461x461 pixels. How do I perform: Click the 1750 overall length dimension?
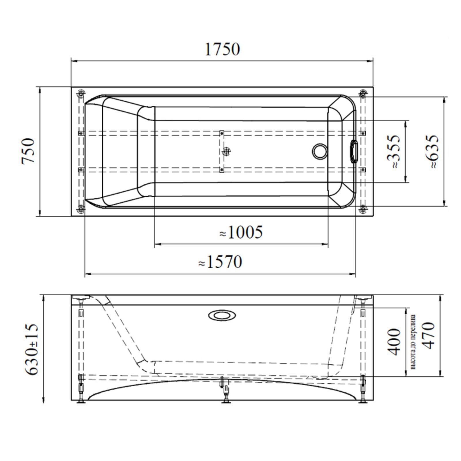pyautogui.click(x=222, y=49)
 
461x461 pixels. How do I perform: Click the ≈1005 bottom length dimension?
pyautogui.click(x=241, y=232)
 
